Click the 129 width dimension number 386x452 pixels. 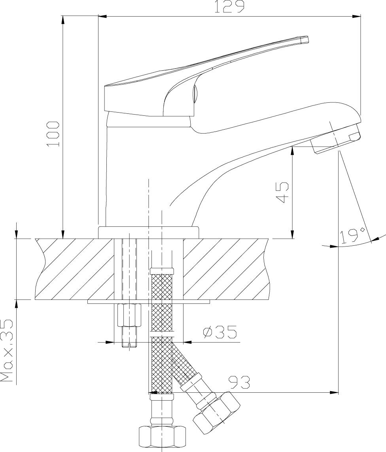pyautogui.click(x=229, y=7)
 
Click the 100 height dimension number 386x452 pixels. pyautogui.click(x=53, y=134)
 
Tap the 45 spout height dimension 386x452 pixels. pyautogui.click(x=282, y=192)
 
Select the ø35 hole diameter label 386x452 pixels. pyautogui.click(x=219, y=332)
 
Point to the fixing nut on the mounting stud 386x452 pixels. pyautogui.click(x=129, y=315)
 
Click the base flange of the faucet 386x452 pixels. pyautogui.click(x=149, y=232)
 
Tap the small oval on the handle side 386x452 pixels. pyautogui.click(x=194, y=95)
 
